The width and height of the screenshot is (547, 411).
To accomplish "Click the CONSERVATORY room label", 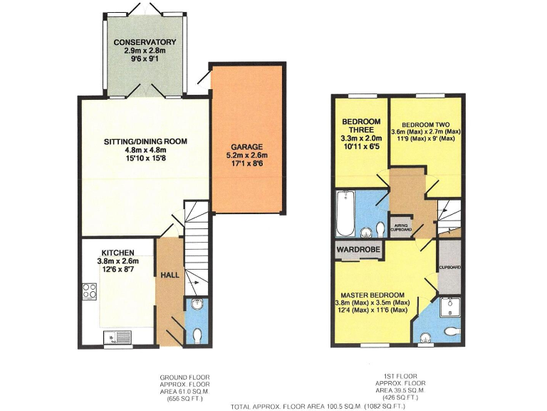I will [145, 42].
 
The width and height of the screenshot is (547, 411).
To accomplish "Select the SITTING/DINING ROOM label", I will [145, 141].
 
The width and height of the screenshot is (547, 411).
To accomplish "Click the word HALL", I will [169, 275].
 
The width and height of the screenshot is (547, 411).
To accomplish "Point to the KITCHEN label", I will [118, 253].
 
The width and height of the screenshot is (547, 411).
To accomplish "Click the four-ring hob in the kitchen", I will [90, 290].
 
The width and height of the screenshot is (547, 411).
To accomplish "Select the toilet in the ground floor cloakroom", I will [197, 334].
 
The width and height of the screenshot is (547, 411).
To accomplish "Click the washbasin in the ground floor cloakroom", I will [196, 305].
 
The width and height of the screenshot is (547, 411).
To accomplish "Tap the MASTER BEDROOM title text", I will [372, 295].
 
